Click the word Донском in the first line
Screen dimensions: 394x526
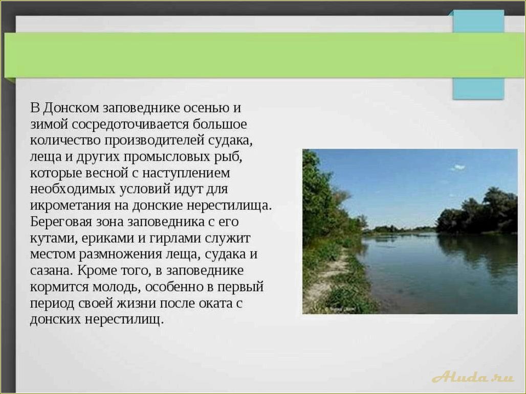tap(71, 108)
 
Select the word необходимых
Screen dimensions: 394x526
tap(72, 189)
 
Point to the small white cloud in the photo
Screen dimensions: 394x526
tap(458, 167)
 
